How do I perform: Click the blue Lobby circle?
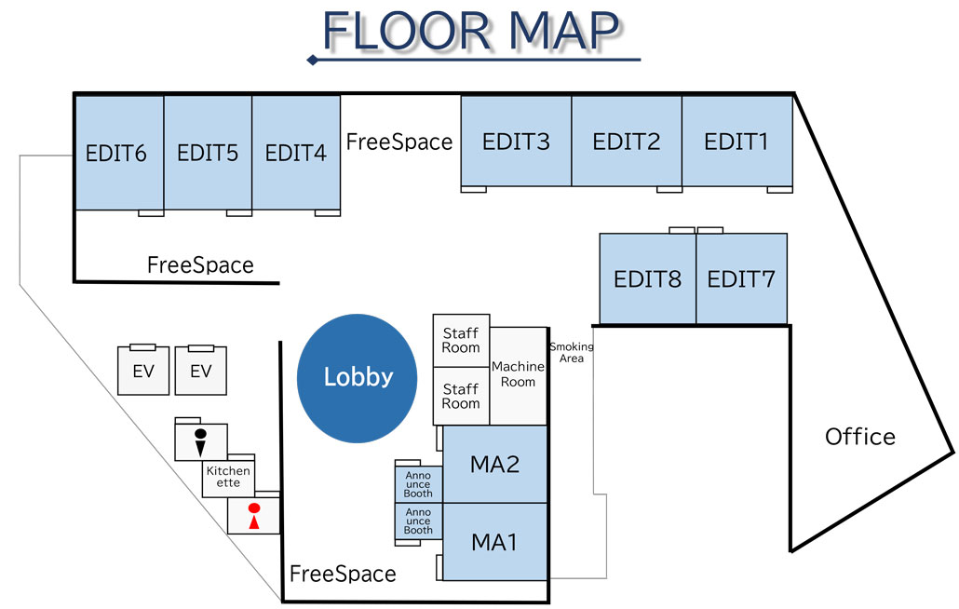tap(358, 378)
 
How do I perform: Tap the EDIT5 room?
tap(208, 153)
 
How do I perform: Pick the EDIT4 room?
tap(296, 153)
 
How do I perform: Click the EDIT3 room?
tap(516, 142)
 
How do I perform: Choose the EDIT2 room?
tap(627, 142)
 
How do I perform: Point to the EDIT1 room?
tap(737, 142)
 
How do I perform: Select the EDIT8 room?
tap(647, 278)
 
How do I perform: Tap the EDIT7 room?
tap(741, 278)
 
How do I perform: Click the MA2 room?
tap(494, 464)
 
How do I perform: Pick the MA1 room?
tap(494, 541)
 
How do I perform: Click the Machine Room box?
tap(518, 374)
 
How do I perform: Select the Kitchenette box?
tap(229, 477)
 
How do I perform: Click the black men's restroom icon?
tap(200, 441)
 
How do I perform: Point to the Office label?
tap(860, 436)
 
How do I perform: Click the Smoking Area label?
tap(571, 352)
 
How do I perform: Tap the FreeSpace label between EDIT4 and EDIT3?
tap(399, 142)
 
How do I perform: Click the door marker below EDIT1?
tap(779, 190)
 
